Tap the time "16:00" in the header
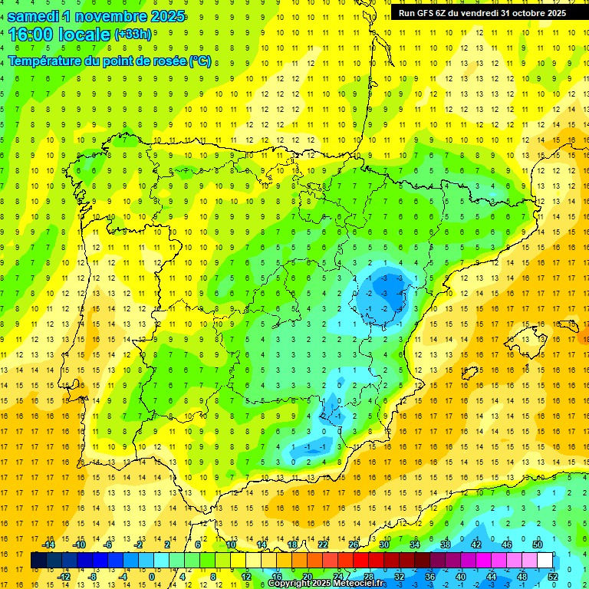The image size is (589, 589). point(32,35)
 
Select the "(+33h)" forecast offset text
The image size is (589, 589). point(133,35)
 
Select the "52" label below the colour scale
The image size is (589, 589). point(553,576)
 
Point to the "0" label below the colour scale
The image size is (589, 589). point(153,576)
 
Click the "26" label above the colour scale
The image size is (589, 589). point(354,545)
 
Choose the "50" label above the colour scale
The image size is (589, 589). point(538,545)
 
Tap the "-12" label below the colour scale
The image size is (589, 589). point(64,576)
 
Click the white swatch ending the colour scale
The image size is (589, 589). point(545,560)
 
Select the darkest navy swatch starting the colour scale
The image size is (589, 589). point(39,560)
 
